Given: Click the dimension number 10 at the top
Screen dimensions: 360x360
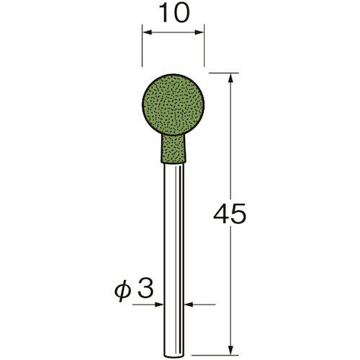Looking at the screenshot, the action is click(x=174, y=12).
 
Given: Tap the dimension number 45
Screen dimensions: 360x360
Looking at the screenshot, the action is click(x=230, y=213).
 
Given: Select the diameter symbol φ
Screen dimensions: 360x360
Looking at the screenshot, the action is click(x=122, y=291).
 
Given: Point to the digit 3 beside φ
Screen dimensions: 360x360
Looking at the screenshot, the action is click(x=145, y=289).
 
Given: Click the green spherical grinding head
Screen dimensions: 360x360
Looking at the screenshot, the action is click(x=173, y=105).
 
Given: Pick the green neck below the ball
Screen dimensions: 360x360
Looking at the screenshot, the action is click(x=173, y=149).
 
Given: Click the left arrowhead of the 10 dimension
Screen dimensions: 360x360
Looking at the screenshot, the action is click(x=147, y=32).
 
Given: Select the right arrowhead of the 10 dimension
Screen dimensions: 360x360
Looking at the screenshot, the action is click(x=199, y=32).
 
